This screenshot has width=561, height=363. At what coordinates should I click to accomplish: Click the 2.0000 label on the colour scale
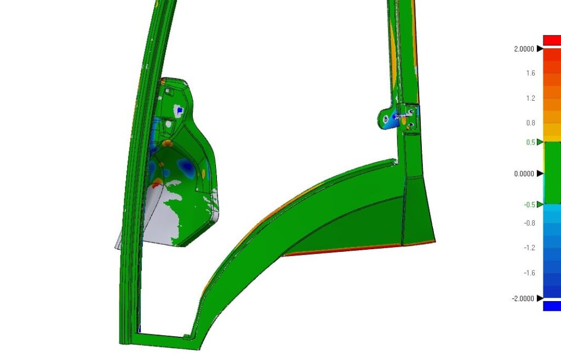(x=524, y=49)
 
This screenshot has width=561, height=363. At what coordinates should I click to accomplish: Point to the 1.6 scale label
(x=530, y=73)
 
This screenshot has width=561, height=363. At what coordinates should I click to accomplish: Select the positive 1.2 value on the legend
(x=530, y=99)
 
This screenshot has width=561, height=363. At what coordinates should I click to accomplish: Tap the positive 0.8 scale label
(x=530, y=123)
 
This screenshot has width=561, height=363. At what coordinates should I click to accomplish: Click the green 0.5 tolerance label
(x=530, y=142)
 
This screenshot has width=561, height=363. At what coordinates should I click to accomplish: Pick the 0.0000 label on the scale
(x=524, y=174)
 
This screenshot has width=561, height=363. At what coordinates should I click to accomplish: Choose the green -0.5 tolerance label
(x=530, y=205)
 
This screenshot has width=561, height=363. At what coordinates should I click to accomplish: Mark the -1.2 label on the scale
(x=530, y=248)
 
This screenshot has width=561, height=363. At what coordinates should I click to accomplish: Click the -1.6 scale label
(x=530, y=273)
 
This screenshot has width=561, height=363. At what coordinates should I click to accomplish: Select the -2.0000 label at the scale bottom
(x=523, y=298)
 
